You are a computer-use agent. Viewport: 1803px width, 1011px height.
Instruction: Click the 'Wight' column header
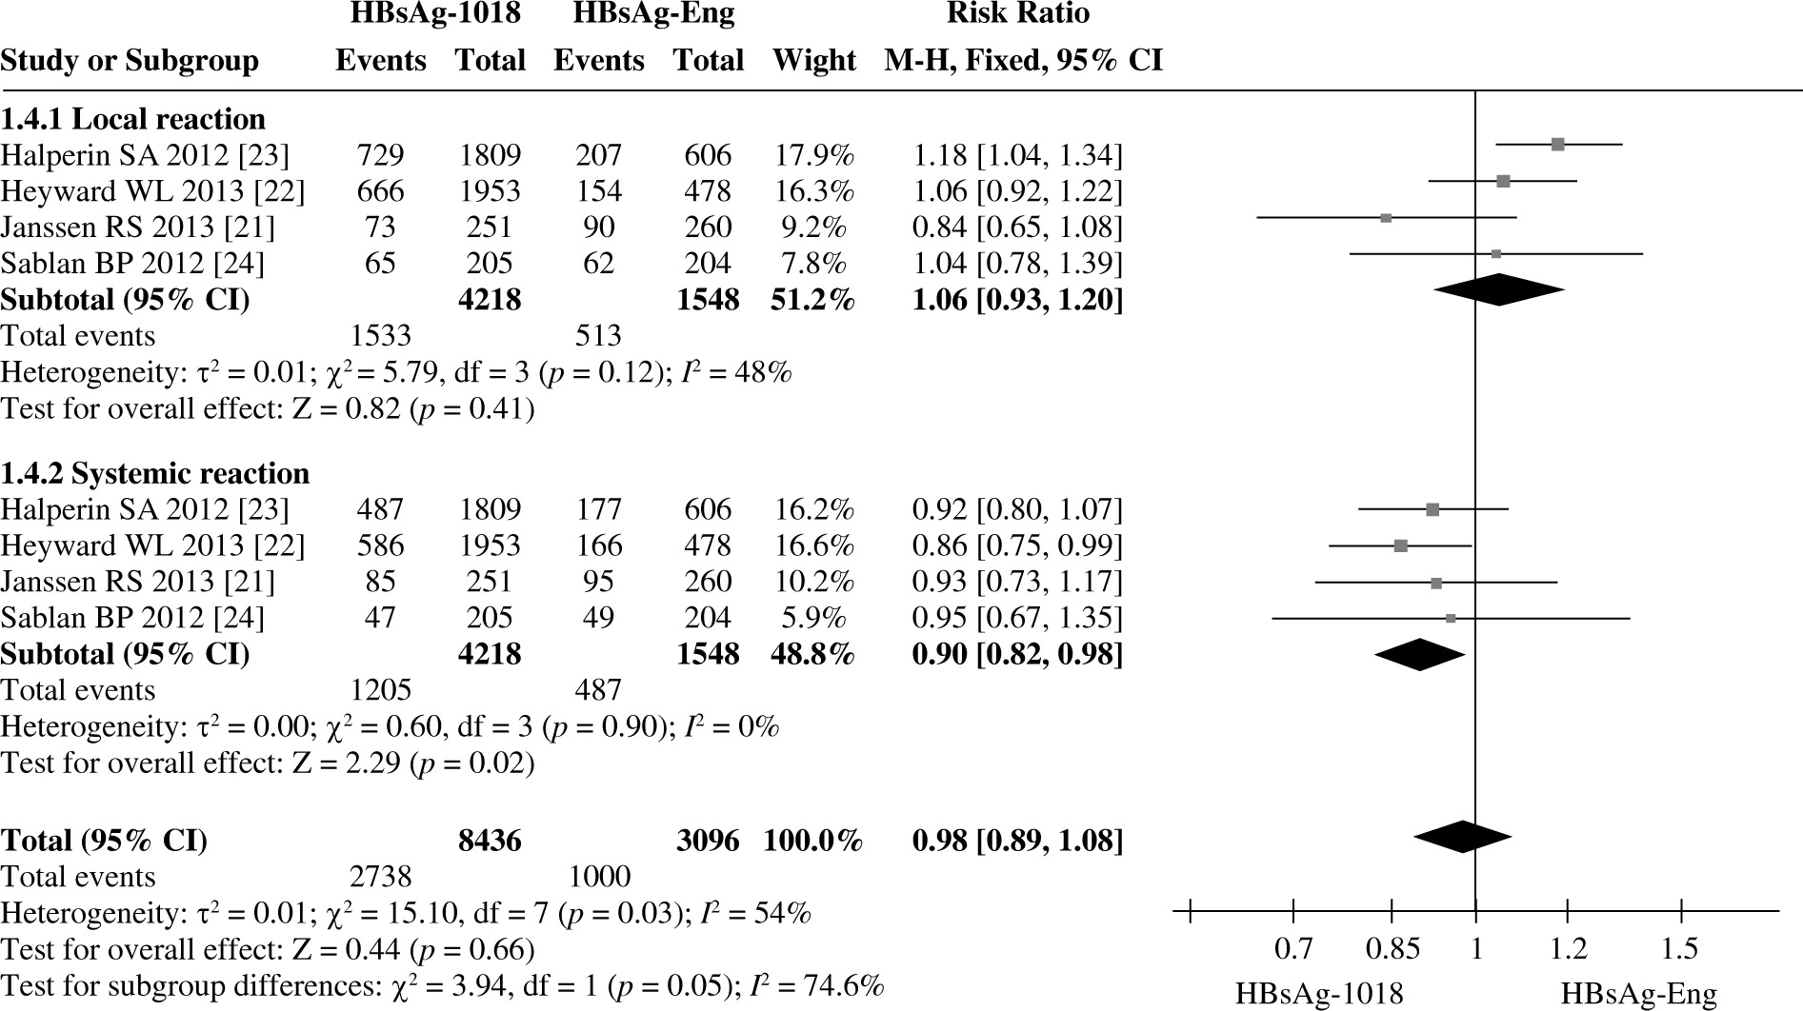coord(813,60)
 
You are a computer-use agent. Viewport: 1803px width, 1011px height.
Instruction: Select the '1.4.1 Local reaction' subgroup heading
coord(132,119)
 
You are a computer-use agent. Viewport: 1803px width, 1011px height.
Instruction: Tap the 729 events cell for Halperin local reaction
coord(380,155)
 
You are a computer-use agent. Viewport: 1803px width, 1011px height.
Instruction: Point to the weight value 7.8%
coord(813,263)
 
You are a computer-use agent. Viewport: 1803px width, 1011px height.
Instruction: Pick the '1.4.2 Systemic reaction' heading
coord(154,473)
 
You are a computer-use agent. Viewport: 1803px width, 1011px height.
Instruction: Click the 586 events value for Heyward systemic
coord(380,545)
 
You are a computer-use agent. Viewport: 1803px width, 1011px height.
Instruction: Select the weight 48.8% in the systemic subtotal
coord(813,654)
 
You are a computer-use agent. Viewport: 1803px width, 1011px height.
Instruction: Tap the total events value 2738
coord(380,877)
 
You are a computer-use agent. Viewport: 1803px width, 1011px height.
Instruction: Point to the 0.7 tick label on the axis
coord(1293,949)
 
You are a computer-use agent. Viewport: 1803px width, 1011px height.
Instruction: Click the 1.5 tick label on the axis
coord(1680,949)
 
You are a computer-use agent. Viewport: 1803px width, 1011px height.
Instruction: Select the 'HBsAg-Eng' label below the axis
coord(1638,995)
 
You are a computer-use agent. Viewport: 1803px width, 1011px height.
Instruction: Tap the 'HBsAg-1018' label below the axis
coord(1319,995)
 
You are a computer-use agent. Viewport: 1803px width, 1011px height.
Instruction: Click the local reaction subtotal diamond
coord(1498,289)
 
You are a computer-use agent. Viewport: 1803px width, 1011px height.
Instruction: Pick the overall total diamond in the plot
coord(1462,837)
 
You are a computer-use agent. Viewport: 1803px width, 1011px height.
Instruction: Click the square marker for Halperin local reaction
coord(1557,145)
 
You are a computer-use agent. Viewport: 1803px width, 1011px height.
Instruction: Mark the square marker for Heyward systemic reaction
coord(1400,545)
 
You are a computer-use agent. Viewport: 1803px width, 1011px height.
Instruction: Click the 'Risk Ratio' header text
coord(1017,14)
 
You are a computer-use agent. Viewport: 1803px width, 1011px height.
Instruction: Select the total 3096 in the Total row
coord(707,841)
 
